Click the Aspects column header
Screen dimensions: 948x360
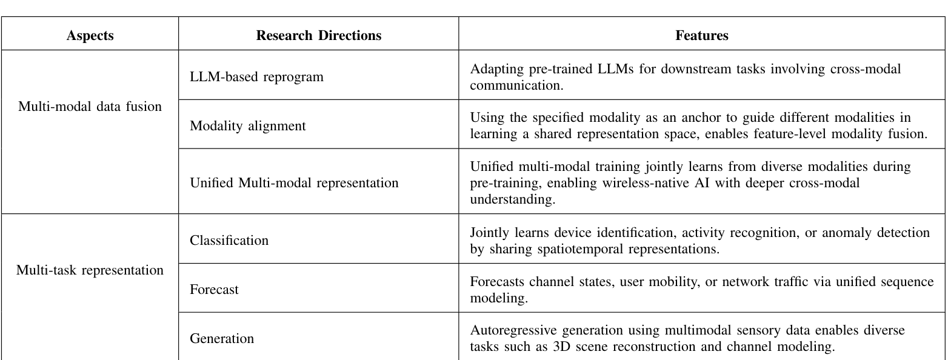[x=90, y=36]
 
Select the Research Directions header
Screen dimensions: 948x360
[x=318, y=36]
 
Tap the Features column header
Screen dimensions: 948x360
[x=701, y=36]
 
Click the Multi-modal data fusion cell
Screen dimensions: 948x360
[x=90, y=107]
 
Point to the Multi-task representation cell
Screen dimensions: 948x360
[x=90, y=270]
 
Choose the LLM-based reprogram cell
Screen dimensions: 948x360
[x=256, y=77]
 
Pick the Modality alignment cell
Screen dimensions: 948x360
[x=248, y=126]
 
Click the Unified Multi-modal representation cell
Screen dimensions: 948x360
[x=294, y=182]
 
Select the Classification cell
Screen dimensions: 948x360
[x=229, y=241]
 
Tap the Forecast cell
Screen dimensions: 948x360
[x=214, y=290]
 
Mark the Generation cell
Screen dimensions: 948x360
[x=221, y=339]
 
